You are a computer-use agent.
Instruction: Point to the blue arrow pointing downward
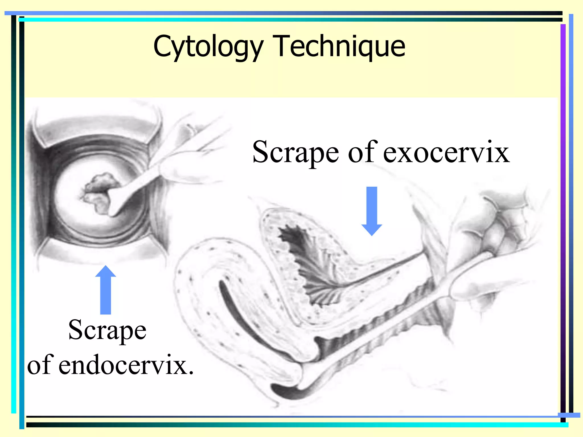point(371,211)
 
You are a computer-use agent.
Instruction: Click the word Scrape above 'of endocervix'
point(107,330)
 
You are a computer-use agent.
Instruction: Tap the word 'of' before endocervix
point(40,365)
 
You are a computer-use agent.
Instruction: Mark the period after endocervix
point(191,372)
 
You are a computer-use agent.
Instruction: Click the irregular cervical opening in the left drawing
point(98,193)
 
